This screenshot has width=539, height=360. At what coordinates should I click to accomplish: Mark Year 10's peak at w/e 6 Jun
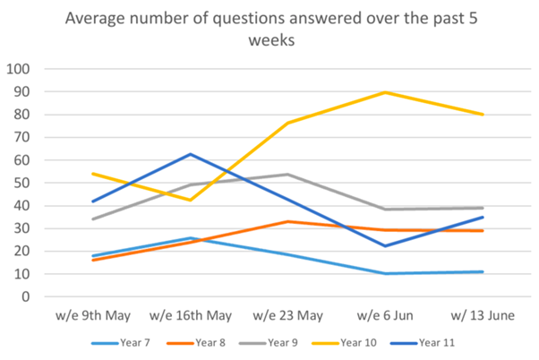click(x=385, y=92)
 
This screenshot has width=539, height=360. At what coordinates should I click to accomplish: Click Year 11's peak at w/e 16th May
click(x=190, y=154)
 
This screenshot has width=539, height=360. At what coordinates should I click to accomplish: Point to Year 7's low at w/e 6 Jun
click(x=385, y=273)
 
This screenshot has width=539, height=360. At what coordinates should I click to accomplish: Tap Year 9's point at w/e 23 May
click(x=287, y=175)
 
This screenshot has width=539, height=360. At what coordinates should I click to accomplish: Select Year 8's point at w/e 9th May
click(x=93, y=260)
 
